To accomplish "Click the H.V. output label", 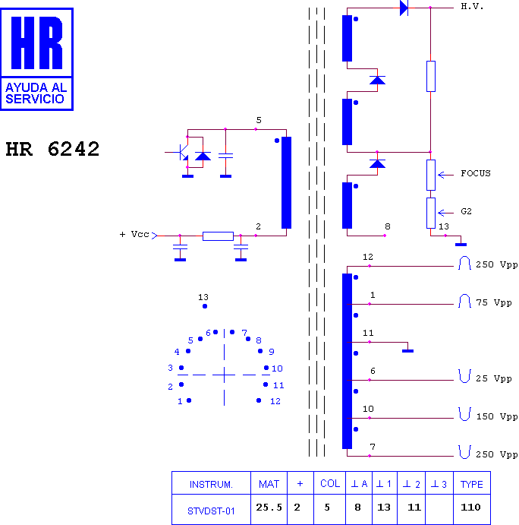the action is point(472,6).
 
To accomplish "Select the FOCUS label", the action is point(476,173).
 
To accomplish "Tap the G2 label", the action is point(466,211).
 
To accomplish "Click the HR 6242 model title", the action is point(52,149).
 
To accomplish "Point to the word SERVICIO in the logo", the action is point(35,99).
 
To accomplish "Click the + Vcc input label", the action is point(134,234).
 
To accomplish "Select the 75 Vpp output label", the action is point(494,302).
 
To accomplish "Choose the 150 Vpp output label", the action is point(497,416).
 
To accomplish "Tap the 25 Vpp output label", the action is point(494,378).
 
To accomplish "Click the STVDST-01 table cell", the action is point(211,511).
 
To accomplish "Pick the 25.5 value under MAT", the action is point(269,508).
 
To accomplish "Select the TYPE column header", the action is point(471,484).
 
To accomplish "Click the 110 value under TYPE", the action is point(470,508).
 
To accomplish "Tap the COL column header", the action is point(330,483).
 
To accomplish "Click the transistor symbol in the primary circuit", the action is point(182,153).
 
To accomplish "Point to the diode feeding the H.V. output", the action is point(404,8).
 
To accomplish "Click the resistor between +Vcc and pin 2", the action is point(218,236).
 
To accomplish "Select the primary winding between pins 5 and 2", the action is point(286,182).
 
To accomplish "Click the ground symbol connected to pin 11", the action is point(407,351).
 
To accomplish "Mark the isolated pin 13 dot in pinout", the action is point(205,306).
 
